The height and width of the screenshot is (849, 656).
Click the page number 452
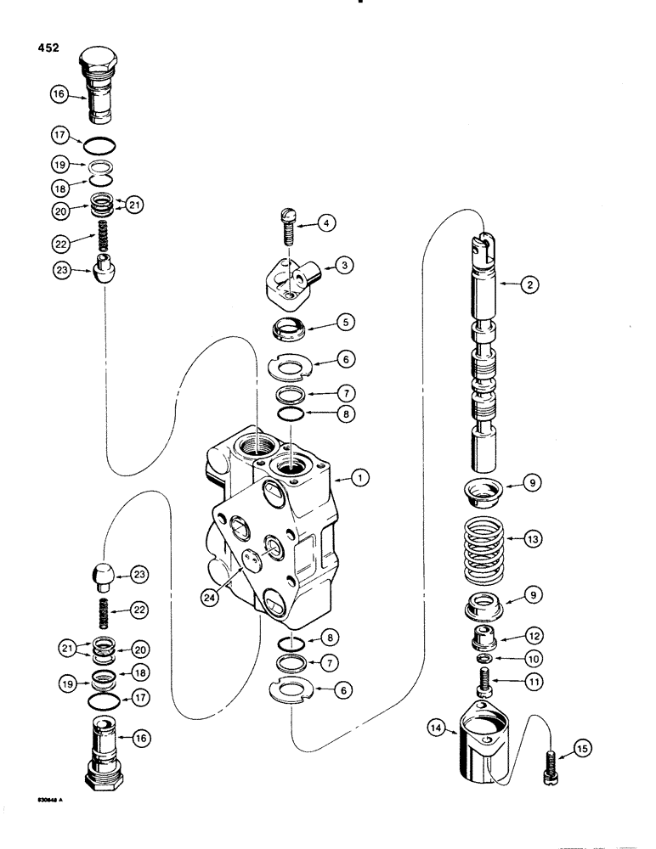[x=48, y=48]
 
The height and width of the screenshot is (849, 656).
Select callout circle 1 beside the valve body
[x=360, y=479]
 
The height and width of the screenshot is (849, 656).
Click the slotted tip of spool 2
[x=483, y=243]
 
